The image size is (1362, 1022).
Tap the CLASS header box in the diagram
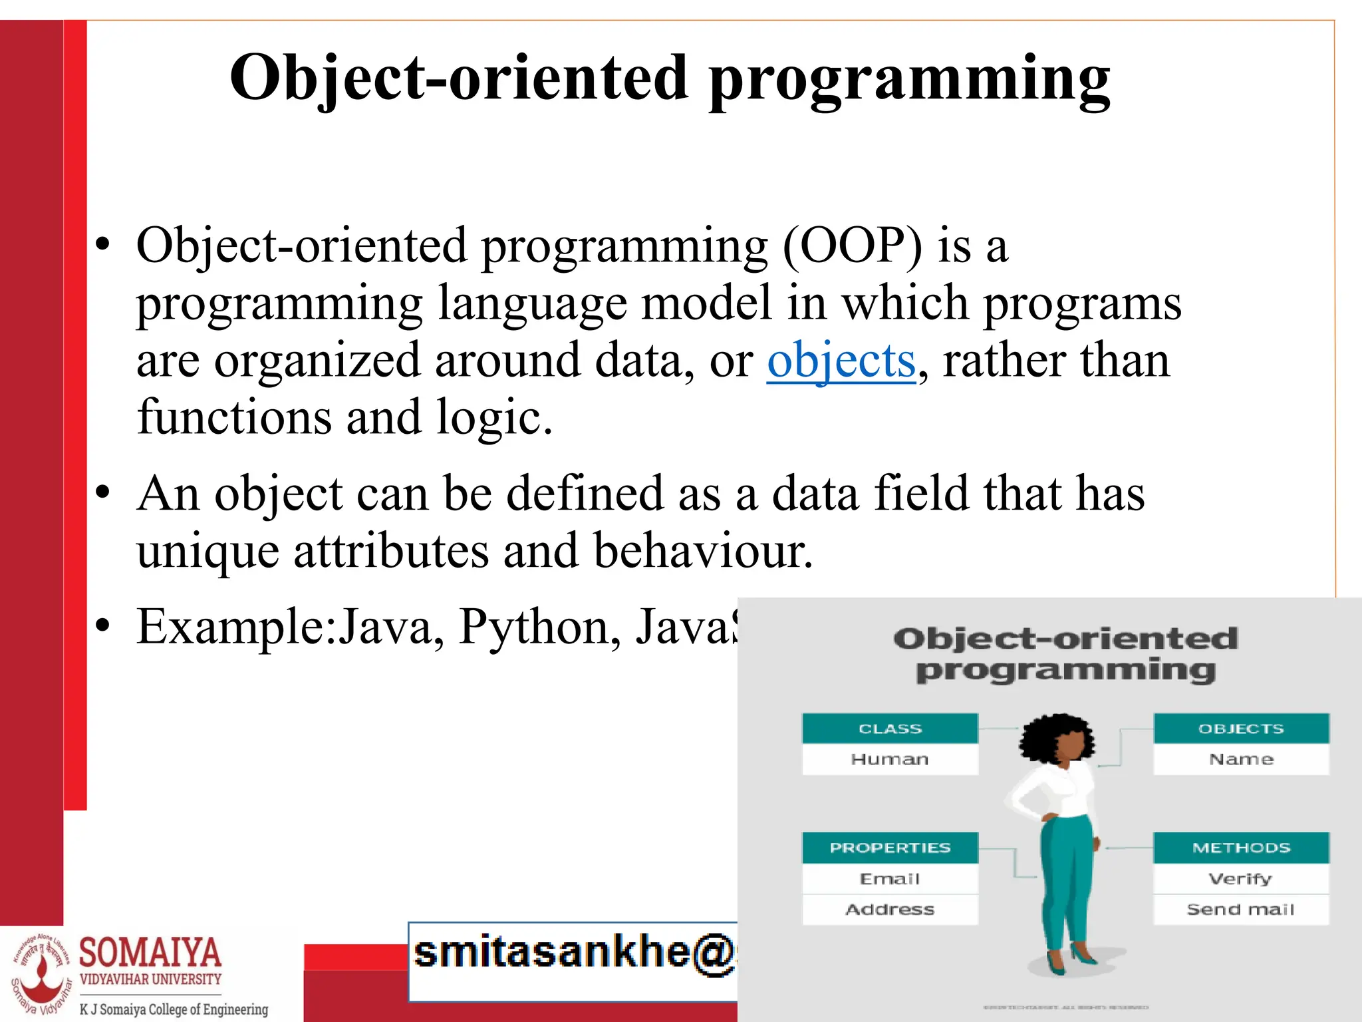click(x=890, y=729)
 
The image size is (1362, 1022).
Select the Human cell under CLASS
click(x=890, y=759)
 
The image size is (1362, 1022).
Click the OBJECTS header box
click(x=1241, y=729)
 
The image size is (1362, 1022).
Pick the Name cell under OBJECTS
click(x=1241, y=759)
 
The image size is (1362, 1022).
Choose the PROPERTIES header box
click(x=890, y=848)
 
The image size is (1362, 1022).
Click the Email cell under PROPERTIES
click(x=890, y=879)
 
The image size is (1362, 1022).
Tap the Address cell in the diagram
click(x=890, y=910)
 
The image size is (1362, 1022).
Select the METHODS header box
click(x=1241, y=848)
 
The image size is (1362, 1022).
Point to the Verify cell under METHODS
click(x=1241, y=879)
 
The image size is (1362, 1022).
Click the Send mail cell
click(x=1241, y=910)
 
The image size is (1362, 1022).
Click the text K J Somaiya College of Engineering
click(x=174, y=1009)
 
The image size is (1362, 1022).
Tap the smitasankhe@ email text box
click(x=573, y=961)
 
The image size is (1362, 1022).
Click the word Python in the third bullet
click(x=539, y=627)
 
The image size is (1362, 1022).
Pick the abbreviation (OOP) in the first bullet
click(x=853, y=246)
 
